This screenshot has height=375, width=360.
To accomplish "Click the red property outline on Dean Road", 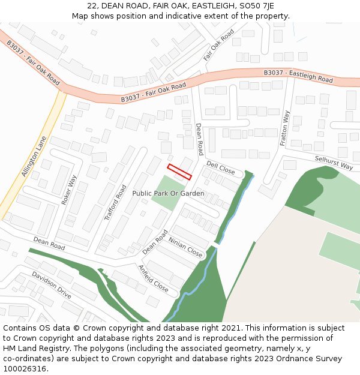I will [179, 172].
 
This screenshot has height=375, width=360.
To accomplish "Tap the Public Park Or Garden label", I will [168, 193].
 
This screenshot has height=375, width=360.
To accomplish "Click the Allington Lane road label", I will [34, 156].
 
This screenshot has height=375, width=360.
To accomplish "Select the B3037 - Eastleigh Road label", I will [298, 76].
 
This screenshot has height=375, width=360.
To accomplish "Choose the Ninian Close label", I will [185, 247].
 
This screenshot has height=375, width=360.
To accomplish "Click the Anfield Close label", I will [154, 278].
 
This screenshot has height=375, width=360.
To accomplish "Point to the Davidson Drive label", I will [52, 285].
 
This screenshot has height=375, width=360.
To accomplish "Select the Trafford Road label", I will [115, 203].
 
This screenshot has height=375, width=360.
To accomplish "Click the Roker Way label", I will [70, 190].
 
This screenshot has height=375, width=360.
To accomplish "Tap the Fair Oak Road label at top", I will [218, 44].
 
